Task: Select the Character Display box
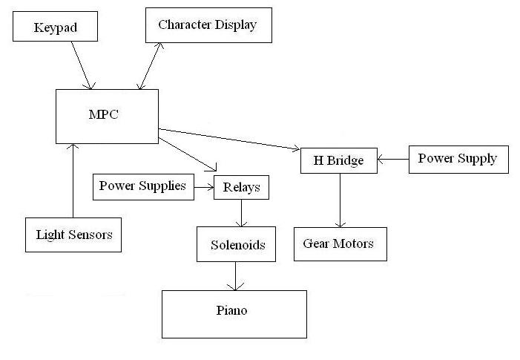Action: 208,25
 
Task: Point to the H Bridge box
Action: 339,160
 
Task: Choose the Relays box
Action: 241,187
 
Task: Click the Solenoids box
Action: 236,244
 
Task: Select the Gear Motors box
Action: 340,243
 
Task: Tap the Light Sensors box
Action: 73,235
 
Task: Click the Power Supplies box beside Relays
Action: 142,186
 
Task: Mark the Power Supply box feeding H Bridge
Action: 458,159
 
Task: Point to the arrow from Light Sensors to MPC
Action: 73,181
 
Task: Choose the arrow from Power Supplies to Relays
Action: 203,187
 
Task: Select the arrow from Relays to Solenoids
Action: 241,213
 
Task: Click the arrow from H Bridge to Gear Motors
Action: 340,200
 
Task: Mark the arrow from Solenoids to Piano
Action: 236,275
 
